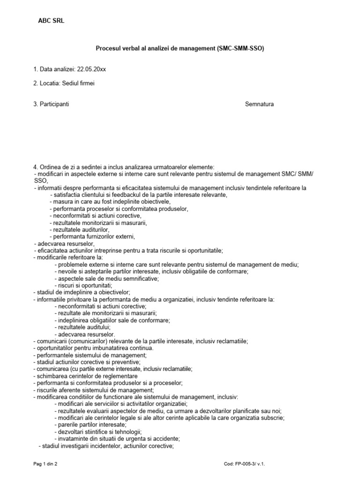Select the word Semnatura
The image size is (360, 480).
(x=259, y=104)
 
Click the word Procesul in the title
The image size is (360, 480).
(x=107, y=48)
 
